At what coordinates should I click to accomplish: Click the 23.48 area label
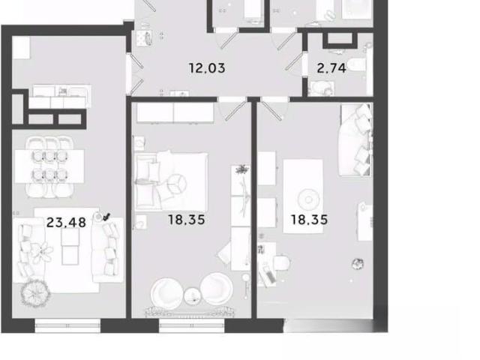click(x=66, y=222)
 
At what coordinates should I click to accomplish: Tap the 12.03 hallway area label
click(x=207, y=68)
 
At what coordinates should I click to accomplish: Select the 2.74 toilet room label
click(x=331, y=68)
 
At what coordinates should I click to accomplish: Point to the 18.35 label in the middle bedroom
click(x=187, y=220)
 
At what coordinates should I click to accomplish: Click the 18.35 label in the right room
click(x=309, y=220)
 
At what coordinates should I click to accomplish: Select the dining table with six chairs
click(x=49, y=166)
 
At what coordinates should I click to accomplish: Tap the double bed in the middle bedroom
click(x=172, y=181)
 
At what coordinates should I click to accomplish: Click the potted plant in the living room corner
click(x=35, y=293)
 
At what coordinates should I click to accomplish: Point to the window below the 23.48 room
click(x=67, y=325)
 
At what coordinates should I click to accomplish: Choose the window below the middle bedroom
click(x=192, y=325)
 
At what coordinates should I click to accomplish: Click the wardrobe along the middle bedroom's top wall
click(x=175, y=112)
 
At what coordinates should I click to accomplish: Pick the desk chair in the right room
click(x=282, y=262)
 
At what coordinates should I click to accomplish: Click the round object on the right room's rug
click(x=308, y=199)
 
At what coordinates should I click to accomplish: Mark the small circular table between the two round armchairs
click(x=192, y=296)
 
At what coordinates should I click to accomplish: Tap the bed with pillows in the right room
click(x=355, y=140)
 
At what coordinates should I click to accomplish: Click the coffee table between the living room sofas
click(x=70, y=247)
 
